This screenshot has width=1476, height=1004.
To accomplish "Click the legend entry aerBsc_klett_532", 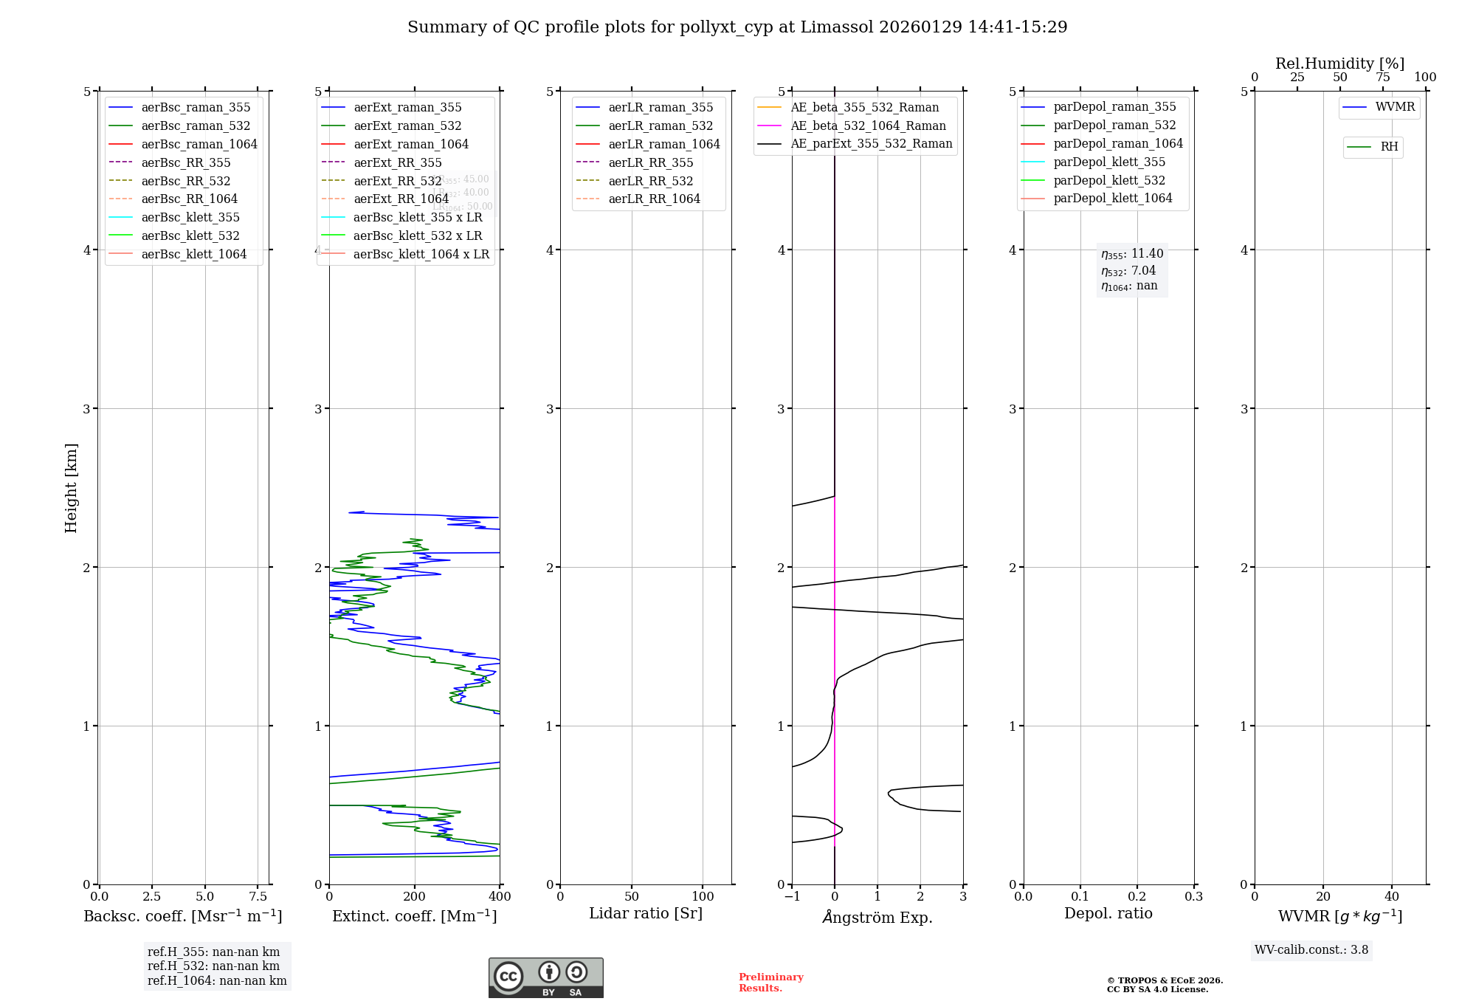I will (190, 235).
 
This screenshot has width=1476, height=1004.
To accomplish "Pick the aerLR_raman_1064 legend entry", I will (663, 144).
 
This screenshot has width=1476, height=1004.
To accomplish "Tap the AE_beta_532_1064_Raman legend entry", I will (868, 125).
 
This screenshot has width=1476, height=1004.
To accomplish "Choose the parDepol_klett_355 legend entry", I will (1109, 162).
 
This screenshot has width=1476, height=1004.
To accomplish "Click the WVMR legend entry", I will (1395, 107).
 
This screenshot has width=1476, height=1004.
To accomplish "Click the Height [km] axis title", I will (71, 488).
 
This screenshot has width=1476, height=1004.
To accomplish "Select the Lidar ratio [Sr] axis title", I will (646, 913).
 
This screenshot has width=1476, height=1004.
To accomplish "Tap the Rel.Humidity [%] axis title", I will (1339, 63).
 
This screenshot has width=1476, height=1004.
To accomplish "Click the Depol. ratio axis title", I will (1108, 913).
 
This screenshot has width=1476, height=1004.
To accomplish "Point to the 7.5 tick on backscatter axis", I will (258, 897).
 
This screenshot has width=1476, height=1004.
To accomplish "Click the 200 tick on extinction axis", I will (415, 897).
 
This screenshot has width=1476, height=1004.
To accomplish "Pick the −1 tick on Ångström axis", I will (792, 897).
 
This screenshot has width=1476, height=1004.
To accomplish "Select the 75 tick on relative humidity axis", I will (1382, 78).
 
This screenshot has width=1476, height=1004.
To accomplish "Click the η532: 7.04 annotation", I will (1128, 271).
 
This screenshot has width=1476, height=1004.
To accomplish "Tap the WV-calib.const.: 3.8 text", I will (1311, 950).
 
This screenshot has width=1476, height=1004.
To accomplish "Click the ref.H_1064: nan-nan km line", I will (217, 980).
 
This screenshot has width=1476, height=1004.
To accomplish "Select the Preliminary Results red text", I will (770, 983).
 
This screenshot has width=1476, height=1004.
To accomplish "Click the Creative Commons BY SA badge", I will (545, 978).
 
